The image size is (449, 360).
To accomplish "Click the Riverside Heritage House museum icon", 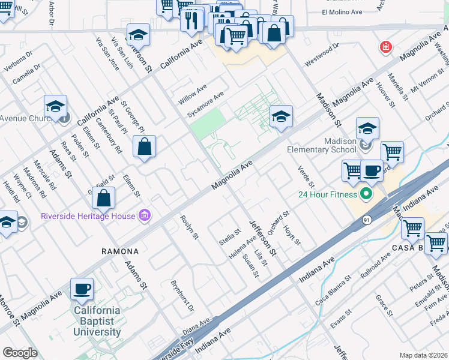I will click(x=144, y=215).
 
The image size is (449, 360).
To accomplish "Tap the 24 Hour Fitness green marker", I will click(x=366, y=194).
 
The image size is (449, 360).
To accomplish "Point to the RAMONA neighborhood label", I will click(x=120, y=251).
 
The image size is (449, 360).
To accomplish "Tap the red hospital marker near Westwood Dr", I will click(x=385, y=47).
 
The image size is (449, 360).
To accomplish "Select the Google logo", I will click(x=20, y=353).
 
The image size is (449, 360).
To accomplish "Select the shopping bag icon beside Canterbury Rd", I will click(x=145, y=146).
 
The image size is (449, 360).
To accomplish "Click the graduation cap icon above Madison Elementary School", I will click(x=367, y=128).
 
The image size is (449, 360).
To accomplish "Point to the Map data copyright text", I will click(x=423, y=355).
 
